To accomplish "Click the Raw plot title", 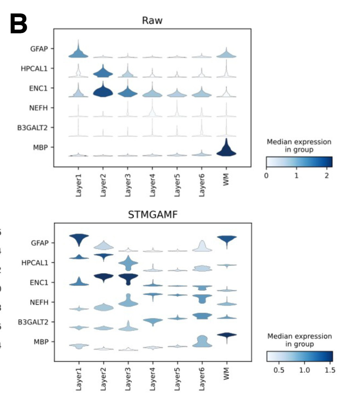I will click(152, 20).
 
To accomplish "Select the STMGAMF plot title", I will click(152, 215).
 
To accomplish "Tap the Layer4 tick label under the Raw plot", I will click(153, 185).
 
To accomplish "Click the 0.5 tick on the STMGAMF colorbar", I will click(281, 370).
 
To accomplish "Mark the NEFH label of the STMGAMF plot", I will click(39, 302).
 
